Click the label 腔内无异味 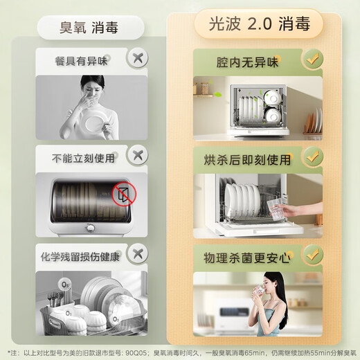point(242,62)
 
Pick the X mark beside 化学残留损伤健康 point(138,254)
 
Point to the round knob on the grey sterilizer point(90,229)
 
